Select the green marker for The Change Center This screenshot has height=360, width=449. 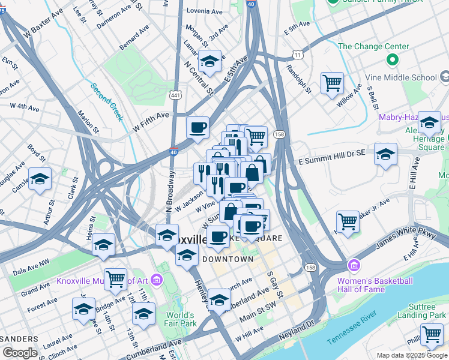pos(393,60)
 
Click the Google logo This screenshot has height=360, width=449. pos(20,353)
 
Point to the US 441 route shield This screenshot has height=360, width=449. pos(175,95)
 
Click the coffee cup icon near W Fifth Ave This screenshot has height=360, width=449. pos(197,127)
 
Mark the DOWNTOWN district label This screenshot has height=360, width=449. pos(228,259)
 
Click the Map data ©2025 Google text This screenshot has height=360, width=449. pos(411,355)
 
